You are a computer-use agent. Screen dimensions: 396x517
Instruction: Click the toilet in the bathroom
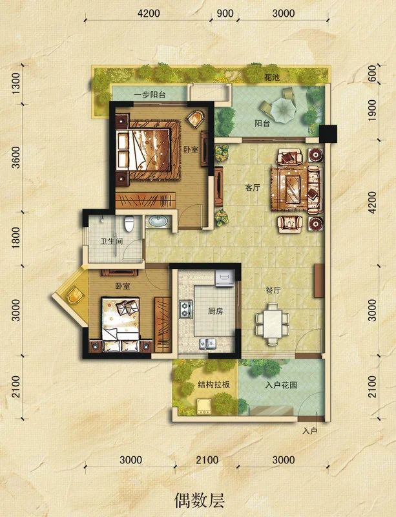coord(129,224)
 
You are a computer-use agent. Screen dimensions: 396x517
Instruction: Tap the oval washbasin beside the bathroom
coord(158,221)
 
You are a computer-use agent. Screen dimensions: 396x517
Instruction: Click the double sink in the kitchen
coord(207,344)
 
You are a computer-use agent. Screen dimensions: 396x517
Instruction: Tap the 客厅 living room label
coord(253,188)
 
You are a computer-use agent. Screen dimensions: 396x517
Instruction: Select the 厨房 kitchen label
coord(215,311)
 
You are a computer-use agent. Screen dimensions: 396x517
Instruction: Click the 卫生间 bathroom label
coord(112,241)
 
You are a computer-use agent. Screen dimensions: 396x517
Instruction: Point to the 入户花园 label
coord(281,385)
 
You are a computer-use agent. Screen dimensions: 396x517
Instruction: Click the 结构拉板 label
coord(213,385)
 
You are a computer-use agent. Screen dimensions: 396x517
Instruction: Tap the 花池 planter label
coord(272,78)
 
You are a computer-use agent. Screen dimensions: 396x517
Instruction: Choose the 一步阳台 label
coord(150,95)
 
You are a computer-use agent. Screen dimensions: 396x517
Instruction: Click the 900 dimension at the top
coord(225,14)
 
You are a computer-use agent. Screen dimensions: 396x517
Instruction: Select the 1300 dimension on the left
coord(16,83)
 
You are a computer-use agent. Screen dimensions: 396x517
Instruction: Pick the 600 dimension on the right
coord(372,74)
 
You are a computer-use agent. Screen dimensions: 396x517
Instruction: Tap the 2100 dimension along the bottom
coord(207,460)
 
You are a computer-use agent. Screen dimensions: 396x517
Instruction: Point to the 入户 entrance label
coord(309,431)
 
